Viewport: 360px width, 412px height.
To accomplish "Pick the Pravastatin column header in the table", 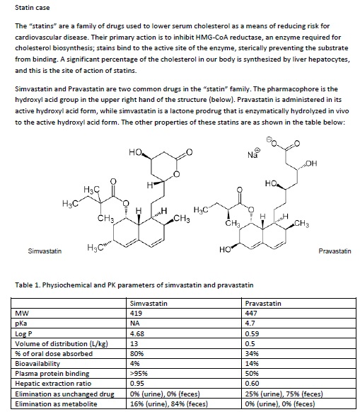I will (x=262, y=303).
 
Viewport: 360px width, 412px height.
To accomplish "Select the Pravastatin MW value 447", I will (x=251, y=311).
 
